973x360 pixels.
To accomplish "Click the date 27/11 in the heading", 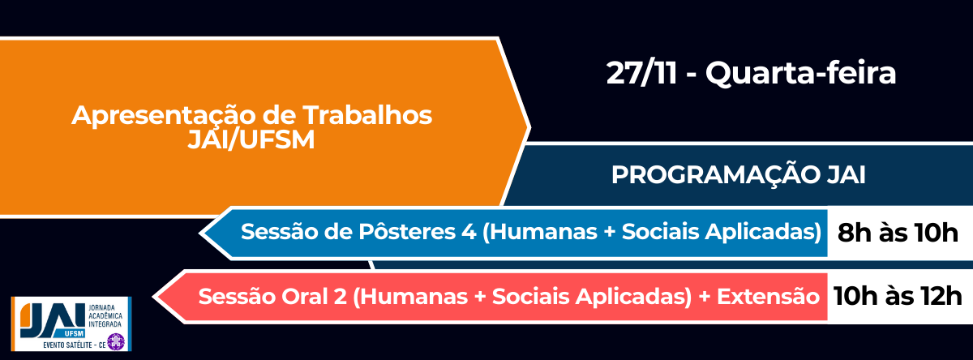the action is (x=641, y=73).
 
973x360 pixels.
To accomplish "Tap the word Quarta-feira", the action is (x=800, y=74).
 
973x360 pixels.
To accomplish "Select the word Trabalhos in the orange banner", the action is (x=367, y=115).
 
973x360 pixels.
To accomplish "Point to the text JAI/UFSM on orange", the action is (x=251, y=139).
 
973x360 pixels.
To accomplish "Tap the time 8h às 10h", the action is (x=898, y=233).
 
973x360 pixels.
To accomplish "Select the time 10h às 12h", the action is (x=898, y=296).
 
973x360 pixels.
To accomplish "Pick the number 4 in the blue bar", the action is (x=469, y=232).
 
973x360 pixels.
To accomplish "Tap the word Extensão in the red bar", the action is (x=768, y=297).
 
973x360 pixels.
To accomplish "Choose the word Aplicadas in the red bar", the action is (x=635, y=297).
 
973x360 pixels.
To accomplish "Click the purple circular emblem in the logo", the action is (x=115, y=342).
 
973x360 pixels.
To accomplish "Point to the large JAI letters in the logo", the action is (x=53, y=319).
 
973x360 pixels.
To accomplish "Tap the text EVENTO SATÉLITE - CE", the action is (x=75, y=345).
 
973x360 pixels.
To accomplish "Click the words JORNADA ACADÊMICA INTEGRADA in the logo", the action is (x=105, y=315).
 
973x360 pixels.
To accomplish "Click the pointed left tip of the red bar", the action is (x=154, y=297).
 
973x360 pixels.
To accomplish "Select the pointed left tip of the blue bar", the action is (x=200, y=234).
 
